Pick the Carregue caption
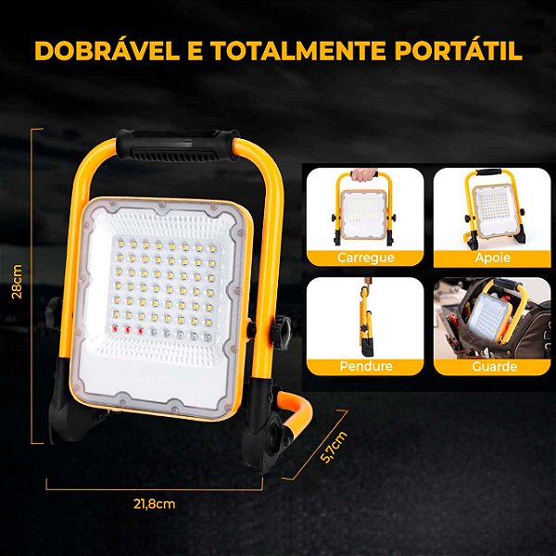[x=365, y=257]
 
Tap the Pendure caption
[x=365, y=366]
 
